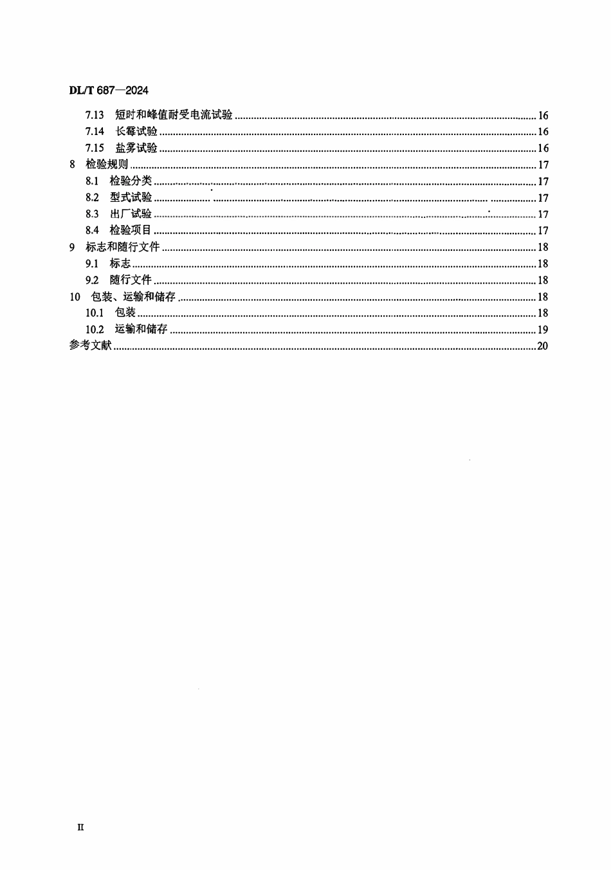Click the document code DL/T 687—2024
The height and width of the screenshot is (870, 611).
[109, 91]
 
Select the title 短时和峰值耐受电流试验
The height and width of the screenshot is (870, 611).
[174, 116]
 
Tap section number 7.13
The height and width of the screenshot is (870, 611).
[95, 116]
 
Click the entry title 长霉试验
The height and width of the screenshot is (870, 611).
[136, 132]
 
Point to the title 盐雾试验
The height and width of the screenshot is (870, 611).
[136, 149]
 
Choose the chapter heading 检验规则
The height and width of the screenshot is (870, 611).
[107, 165]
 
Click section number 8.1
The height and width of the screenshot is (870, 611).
[92, 181]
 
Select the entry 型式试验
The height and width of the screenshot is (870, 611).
[131, 198]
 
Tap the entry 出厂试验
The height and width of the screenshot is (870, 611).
[131, 214]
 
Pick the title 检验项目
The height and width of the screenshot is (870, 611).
[131, 231]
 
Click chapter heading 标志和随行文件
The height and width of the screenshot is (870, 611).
[122, 248]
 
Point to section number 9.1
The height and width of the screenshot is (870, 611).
[92, 264]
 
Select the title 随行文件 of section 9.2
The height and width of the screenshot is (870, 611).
[131, 280]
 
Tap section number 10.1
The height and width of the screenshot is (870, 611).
[95, 313]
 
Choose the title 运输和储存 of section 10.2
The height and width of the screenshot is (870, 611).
[141, 330]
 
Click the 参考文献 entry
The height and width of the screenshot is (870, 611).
[90, 346]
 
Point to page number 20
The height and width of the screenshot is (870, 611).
[542, 346]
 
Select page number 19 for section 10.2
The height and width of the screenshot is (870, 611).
[542, 330]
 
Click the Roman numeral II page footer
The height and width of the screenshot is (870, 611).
[80, 828]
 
